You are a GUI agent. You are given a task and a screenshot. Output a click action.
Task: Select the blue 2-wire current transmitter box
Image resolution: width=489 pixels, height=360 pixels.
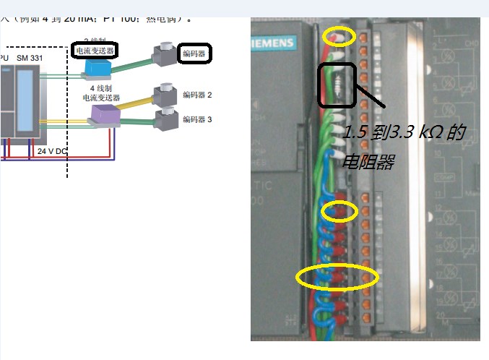coord(96,67)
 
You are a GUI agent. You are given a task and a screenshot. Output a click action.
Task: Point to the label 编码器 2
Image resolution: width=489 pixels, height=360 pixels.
coord(196,95)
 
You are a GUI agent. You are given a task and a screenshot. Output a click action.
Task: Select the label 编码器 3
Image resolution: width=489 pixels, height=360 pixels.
coord(196,119)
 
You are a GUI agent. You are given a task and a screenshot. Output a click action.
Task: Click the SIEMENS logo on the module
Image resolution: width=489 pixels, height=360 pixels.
coord(272,43)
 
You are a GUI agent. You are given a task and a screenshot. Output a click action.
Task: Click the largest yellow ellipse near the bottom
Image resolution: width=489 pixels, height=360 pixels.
coord(338,276)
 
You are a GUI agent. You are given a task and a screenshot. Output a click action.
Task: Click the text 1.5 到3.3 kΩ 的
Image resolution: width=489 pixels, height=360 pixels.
coord(403,133)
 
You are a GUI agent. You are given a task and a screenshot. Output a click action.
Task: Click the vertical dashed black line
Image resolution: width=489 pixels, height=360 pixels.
coord(67,108)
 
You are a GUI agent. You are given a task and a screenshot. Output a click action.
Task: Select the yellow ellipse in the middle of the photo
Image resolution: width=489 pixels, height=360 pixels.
coord(339,211)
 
